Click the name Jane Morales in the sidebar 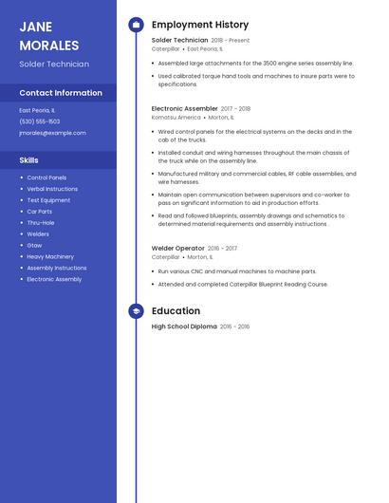click(x=49, y=36)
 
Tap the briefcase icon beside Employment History click(x=136, y=25)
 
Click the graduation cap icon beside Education click(x=136, y=310)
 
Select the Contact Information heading click(x=61, y=93)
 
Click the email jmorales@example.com click(x=52, y=133)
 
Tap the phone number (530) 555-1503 click(x=40, y=121)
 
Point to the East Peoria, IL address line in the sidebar click(x=37, y=110)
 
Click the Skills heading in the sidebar click(x=29, y=160)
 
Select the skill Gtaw click(x=34, y=245)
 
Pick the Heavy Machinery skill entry click(x=50, y=256)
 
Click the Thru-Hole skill click(x=41, y=222)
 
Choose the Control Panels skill click(x=46, y=177)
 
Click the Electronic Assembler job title click(x=184, y=108)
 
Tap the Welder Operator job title click(x=177, y=248)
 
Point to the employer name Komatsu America click(x=176, y=118)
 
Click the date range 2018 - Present click(x=231, y=41)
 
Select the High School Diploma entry click(x=184, y=326)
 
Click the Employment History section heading click(x=200, y=25)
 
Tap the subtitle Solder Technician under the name click(x=54, y=65)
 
